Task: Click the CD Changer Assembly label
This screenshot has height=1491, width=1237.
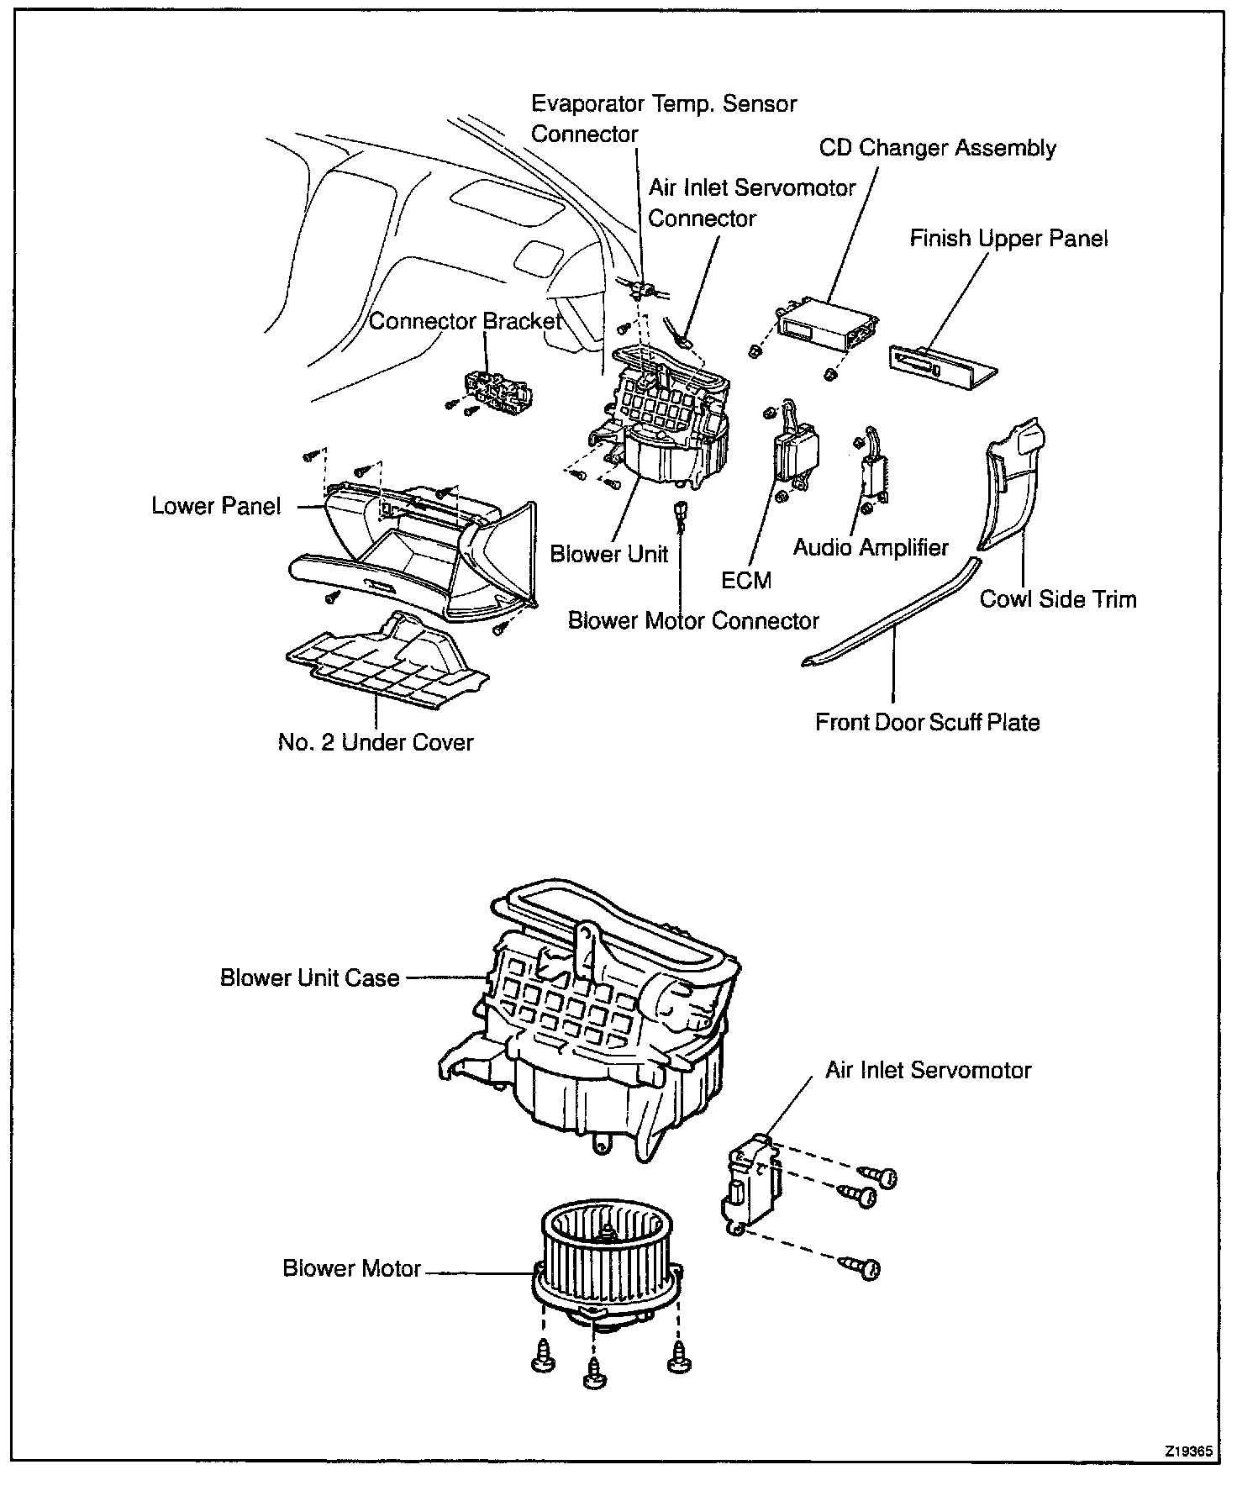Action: click(x=937, y=149)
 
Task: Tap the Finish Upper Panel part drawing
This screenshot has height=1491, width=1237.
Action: click(x=942, y=364)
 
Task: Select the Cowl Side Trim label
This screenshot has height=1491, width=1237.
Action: click(x=1057, y=599)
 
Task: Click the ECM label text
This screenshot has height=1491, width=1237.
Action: click(x=746, y=580)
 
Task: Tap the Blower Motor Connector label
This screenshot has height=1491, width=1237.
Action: click(x=693, y=621)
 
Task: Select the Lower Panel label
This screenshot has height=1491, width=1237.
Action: click(x=216, y=506)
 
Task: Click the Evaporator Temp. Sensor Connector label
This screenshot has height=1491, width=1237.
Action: click(x=664, y=119)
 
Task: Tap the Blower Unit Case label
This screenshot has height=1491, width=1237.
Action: click(x=309, y=978)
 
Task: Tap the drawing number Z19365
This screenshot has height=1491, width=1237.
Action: click(x=1187, y=1451)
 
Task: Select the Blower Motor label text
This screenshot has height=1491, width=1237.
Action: click(x=351, y=1268)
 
